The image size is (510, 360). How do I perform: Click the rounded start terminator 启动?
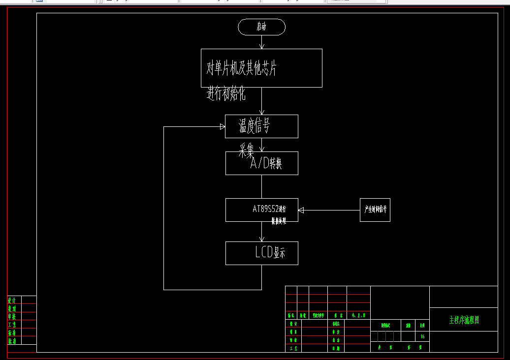[x=261, y=27]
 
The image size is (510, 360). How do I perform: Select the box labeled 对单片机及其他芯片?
[x=261, y=68]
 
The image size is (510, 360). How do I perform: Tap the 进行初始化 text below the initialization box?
[x=226, y=93]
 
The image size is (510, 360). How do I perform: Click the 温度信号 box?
[x=261, y=126]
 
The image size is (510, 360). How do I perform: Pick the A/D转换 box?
[x=261, y=163]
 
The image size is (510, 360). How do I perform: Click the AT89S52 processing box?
[x=261, y=210]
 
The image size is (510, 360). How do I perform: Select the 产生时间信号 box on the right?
[x=375, y=210]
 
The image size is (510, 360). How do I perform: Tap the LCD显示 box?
[x=261, y=253]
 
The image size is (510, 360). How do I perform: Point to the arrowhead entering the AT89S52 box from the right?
[x=301, y=210]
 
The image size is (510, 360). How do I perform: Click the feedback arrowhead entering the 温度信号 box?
[x=223, y=126]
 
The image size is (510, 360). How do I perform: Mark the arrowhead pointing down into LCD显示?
[x=261, y=239]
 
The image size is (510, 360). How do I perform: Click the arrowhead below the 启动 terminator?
[x=261, y=46]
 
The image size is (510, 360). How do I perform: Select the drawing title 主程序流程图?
[x=464, y=320]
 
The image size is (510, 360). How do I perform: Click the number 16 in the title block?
[x=422, y=337]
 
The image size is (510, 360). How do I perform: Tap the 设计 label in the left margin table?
[x=12, y=300]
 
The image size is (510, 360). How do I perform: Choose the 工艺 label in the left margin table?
[x=12, y=325]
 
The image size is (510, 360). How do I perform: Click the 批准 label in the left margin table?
[x=12, y=341]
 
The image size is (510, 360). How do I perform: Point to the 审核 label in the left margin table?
[x=12, y=316]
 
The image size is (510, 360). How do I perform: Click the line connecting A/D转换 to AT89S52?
[x=261, y=186]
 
